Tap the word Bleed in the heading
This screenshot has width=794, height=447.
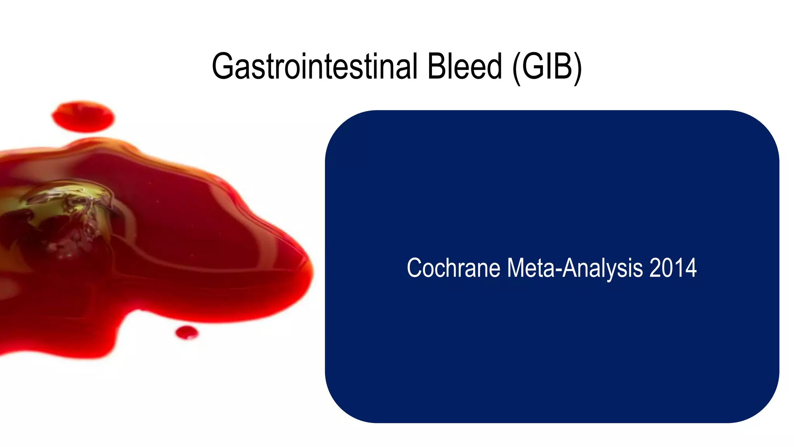click(464, 67)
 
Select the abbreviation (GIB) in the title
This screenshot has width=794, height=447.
click(547, 68)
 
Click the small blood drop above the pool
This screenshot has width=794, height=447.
click(83, 116)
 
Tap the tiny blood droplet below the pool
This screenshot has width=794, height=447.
click(186, 333)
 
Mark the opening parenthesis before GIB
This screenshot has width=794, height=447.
click(516, 68)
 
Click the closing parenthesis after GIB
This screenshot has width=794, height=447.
click(578, 68)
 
